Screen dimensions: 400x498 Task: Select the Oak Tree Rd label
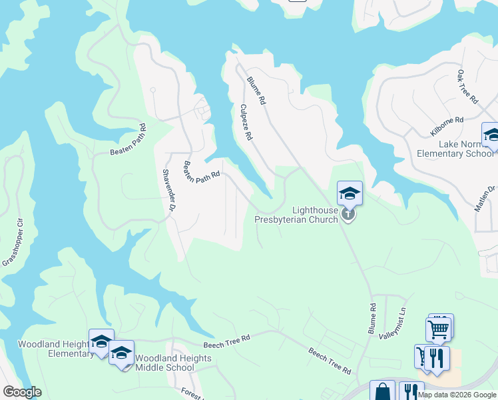coord(468,86)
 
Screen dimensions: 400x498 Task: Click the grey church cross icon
coord(348,215)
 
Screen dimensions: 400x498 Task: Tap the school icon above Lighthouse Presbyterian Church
coord(350,194)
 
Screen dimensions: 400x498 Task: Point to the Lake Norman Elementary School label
coord(455,149)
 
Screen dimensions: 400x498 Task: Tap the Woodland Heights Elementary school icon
coord(101,341)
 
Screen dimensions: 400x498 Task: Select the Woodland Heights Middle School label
coord(173,363)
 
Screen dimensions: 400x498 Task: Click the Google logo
coord(22,392)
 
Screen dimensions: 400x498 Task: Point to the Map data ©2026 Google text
coord(457,395)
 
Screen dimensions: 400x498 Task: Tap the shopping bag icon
coord(383,391)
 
